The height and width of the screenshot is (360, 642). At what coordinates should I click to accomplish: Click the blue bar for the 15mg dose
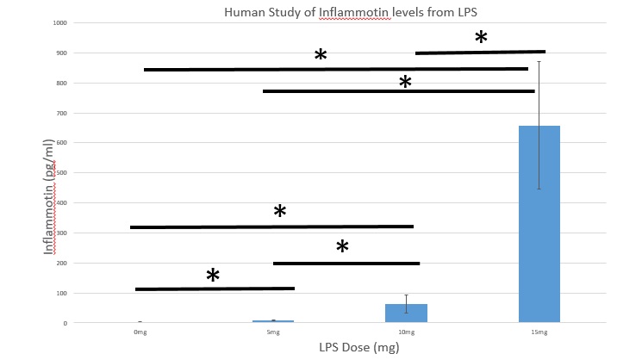coord(539,224)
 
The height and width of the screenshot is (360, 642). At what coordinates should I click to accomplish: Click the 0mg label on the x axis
coord(139,332)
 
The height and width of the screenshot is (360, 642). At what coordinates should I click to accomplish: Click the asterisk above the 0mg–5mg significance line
coord(213,276)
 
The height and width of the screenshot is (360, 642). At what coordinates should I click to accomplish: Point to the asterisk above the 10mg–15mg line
coord(481,38)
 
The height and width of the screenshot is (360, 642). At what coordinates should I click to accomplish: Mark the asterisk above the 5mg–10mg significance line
coord(342,247)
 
